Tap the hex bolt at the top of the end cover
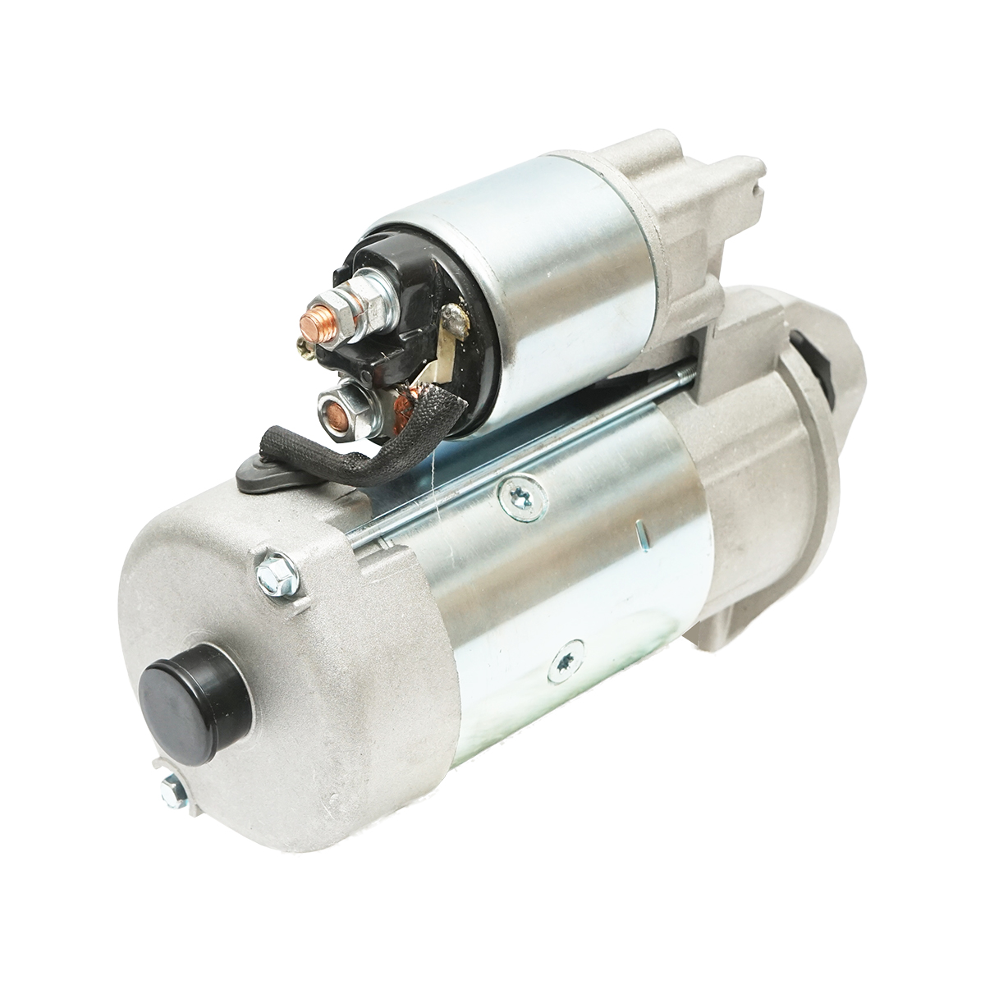click(270, 567)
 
